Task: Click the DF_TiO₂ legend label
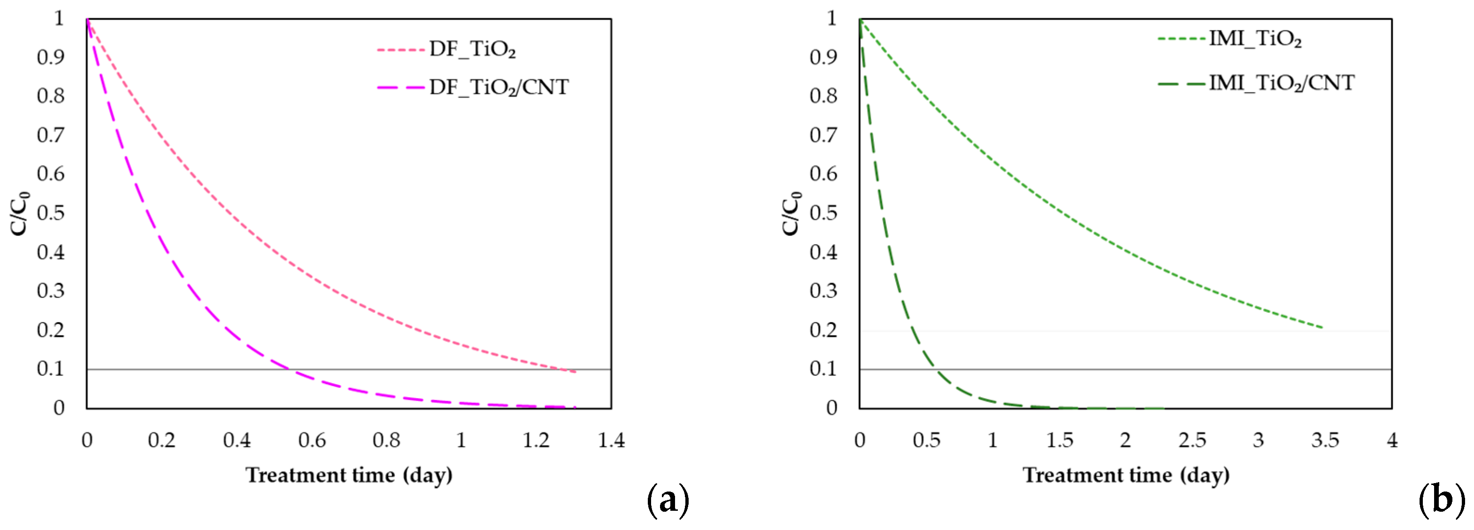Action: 472,50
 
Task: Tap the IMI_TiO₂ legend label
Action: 1255,39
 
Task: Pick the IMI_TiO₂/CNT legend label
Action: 1281,83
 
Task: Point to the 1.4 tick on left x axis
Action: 611,440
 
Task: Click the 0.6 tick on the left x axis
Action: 312,440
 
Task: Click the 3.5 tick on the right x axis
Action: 1325,440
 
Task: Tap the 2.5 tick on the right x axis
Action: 1192,440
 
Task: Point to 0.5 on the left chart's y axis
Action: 51,213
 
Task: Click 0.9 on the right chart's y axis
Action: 823,57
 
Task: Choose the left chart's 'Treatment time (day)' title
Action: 349,475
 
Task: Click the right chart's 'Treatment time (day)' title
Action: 1126,475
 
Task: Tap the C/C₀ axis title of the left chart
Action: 20,213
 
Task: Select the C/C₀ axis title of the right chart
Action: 792,213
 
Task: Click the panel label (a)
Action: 668,501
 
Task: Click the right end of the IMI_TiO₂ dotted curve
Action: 1322,327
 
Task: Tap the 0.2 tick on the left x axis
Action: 161,440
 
